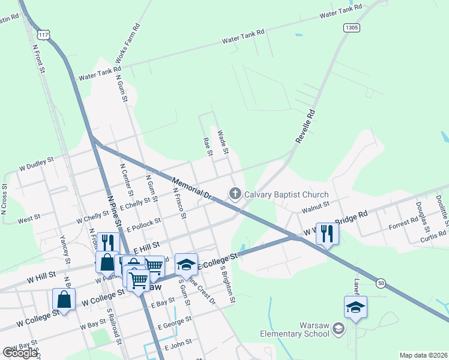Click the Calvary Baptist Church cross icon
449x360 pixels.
pyautogui.click(x=235, y=194)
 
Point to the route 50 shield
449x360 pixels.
pyautogui.click(x=381, y=282)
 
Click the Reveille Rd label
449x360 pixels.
pyautogui.click(x=306, y=125)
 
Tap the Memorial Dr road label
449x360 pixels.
pyautogui.click(x=192, y=187)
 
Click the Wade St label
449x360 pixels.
pyautogui.click(x=223, y=142)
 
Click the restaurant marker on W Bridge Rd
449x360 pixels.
pyautogui.click(x=327, y=233)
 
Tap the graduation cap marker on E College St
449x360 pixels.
pyautogui.click(x=187, y=264)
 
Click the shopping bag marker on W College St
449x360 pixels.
pyautogui.click(x=64, y=299)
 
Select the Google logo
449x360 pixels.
pyautogui.click(x=19, y=352)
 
